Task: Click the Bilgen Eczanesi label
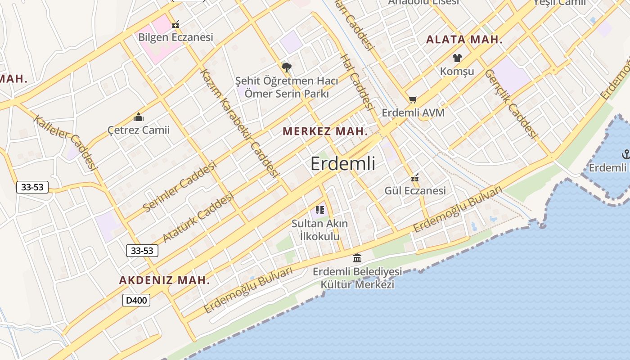[x=175, y=37]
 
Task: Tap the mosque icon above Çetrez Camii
[x=139, y=117]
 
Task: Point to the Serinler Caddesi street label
[x=180, y=186]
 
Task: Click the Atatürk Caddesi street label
[x=198, y=217]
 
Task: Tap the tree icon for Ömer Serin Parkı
[x=286, y=68]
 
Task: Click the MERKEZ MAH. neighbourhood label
[x=325, y=131]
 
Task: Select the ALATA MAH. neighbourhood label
[x=464, y=40]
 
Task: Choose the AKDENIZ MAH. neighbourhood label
[x=164, y=280]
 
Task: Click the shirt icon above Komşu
[x=457, y=58]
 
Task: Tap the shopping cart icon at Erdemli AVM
[x=413, y=99]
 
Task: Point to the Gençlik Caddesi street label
[x=511, y=104]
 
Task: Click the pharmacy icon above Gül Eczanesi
[x=415, y=178]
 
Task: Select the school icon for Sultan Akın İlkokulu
[x=320, y=210]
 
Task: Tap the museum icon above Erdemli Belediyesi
[x=357, y=258]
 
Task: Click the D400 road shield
[x=136, y=300]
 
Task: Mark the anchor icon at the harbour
[x=625, y=154]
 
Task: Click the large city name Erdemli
[x=343, y=164]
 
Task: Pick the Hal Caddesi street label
[x=357, y=82]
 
